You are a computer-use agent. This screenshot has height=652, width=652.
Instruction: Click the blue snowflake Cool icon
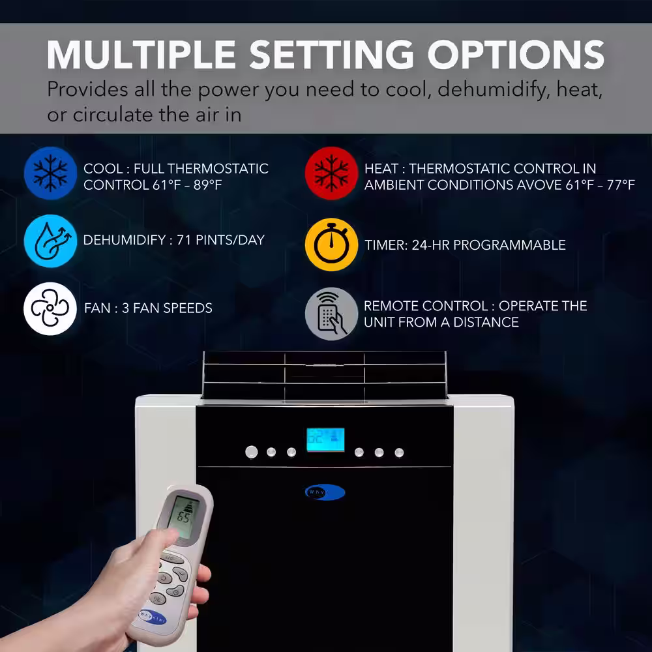[x=50, y=173]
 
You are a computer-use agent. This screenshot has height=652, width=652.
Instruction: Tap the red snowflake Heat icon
[x=331, y=173]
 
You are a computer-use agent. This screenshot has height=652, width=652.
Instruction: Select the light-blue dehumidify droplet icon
[x=50, y=241]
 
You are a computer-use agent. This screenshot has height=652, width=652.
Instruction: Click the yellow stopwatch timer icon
[x=331, y=244]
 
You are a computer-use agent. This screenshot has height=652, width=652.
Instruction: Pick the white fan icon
[x=50, y=308]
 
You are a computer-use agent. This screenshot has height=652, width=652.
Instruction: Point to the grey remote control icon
[x=331, y=314]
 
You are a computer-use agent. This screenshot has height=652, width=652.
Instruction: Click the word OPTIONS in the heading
[x=516, y=55]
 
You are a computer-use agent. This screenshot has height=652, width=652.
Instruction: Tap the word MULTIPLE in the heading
[x=141, y=55]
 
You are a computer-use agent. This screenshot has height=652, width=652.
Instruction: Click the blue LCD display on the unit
[x=325, y=439]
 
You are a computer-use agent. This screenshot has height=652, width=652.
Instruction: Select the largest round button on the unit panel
[x=251, y=452]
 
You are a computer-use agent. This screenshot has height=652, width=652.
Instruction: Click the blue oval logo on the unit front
[x=325, y=492]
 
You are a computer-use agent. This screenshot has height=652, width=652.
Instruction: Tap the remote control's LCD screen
[x=184, y=516]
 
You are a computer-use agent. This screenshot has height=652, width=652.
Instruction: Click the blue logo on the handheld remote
[x=153, y=616]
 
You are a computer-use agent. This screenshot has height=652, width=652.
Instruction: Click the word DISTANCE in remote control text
[x=486, y=322]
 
